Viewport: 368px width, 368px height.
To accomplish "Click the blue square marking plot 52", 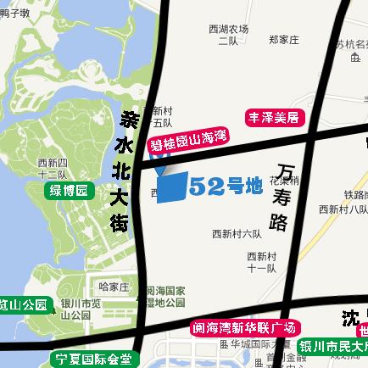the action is [172, 187].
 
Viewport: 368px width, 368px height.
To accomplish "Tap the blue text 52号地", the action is [226, 187].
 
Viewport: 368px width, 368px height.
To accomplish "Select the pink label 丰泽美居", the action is [274, 117].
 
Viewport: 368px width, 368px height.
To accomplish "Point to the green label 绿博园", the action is [69, 190].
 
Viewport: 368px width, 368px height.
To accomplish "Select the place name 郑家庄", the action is [284, 39].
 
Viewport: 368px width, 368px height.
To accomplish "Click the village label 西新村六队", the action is [237, 233].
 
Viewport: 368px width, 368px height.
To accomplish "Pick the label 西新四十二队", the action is [58, 168].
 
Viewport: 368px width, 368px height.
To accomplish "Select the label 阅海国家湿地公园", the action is [165, 296].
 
